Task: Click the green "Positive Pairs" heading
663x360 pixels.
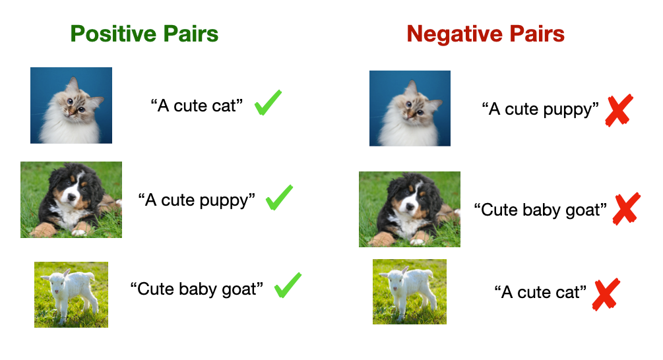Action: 144,34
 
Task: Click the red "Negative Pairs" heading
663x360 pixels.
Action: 486,34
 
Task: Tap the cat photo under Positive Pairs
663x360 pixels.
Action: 71,105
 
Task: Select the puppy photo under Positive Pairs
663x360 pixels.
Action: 71,199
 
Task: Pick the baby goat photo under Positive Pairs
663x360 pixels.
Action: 71,295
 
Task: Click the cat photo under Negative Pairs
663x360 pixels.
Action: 410,108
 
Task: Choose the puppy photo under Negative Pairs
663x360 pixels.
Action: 409,209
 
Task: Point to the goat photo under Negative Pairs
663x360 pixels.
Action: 409,291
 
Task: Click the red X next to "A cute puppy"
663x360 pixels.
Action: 619,110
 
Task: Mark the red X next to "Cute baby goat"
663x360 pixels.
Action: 626,209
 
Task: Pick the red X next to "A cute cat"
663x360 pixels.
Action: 606,295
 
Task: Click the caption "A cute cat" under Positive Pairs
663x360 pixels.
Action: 197,105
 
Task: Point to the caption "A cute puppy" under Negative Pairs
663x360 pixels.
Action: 540,109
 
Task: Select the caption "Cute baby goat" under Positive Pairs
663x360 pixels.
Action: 197,289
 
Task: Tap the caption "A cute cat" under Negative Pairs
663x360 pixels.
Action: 540,292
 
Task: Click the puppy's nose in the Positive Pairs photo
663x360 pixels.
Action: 71,197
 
